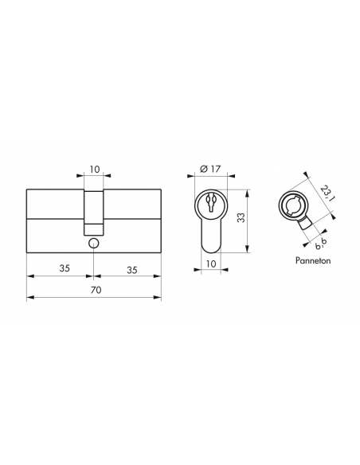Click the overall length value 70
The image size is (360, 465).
(96, 290)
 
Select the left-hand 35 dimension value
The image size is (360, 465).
(65, 268)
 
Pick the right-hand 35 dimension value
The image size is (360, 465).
(132, 270)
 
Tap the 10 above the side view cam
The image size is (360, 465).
(95, 170)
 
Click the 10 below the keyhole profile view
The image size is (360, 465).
(211, 264)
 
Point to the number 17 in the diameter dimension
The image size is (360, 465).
(216, 169)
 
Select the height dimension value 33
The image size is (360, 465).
(241, 218)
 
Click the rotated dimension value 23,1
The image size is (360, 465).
(327, 193)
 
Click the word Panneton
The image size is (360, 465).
(313, 260)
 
